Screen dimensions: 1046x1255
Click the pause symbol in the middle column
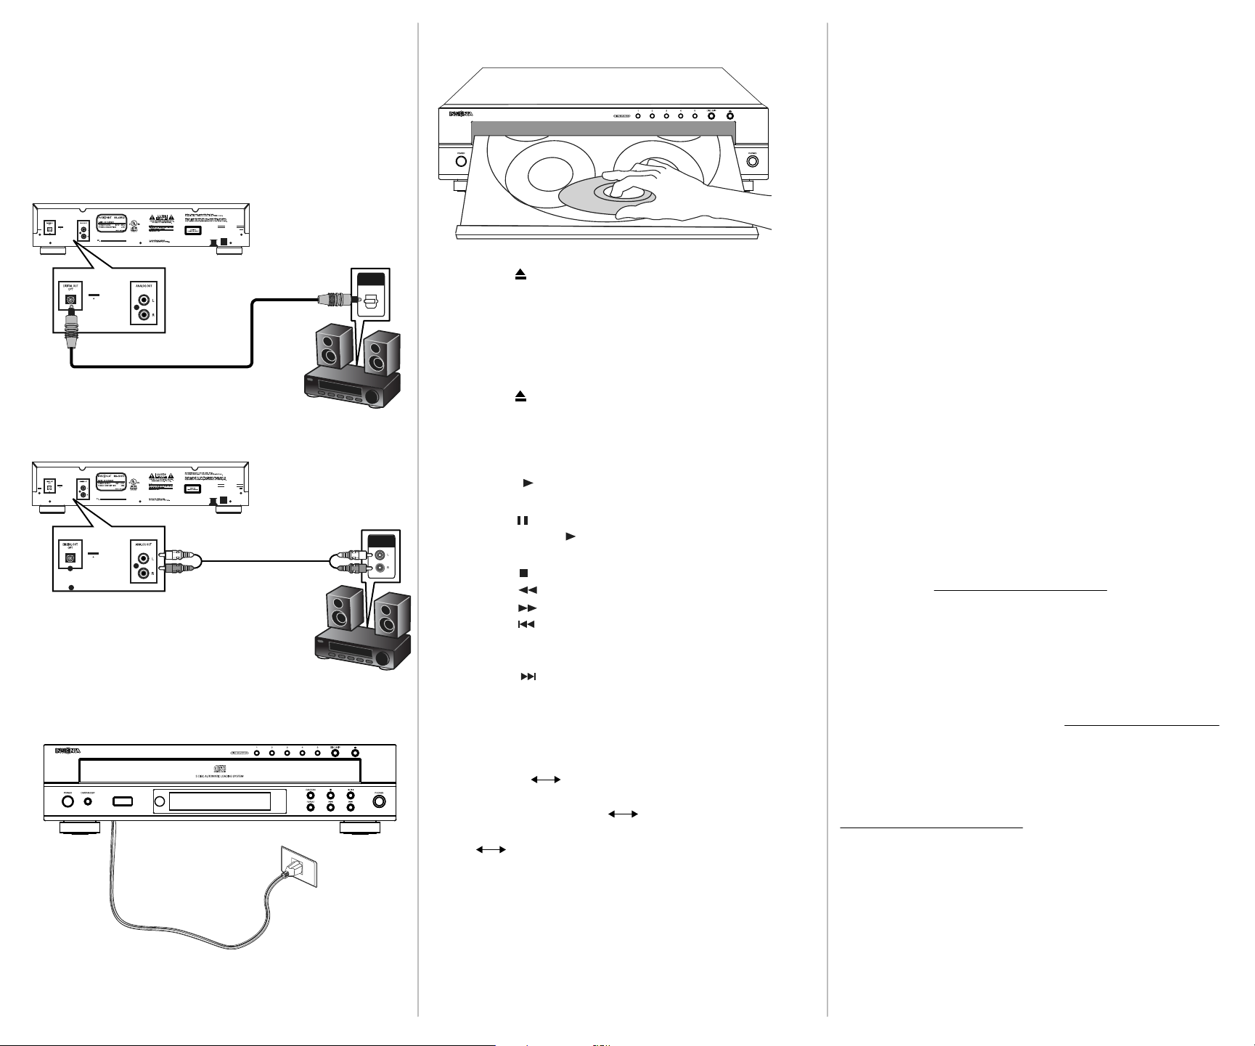click(522, 520)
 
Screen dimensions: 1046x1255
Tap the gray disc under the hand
click(607, 197)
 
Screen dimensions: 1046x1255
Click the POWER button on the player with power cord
click(67, 801)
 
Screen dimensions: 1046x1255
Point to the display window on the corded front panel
click(219, 801)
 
